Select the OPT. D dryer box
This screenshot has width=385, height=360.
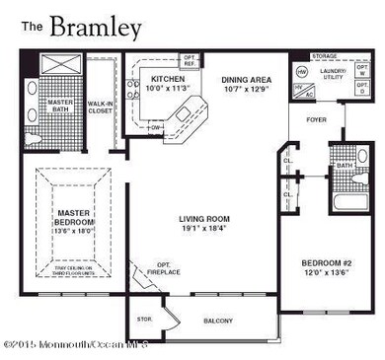[360, 98]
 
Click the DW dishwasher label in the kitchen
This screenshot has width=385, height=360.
[158, 126]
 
